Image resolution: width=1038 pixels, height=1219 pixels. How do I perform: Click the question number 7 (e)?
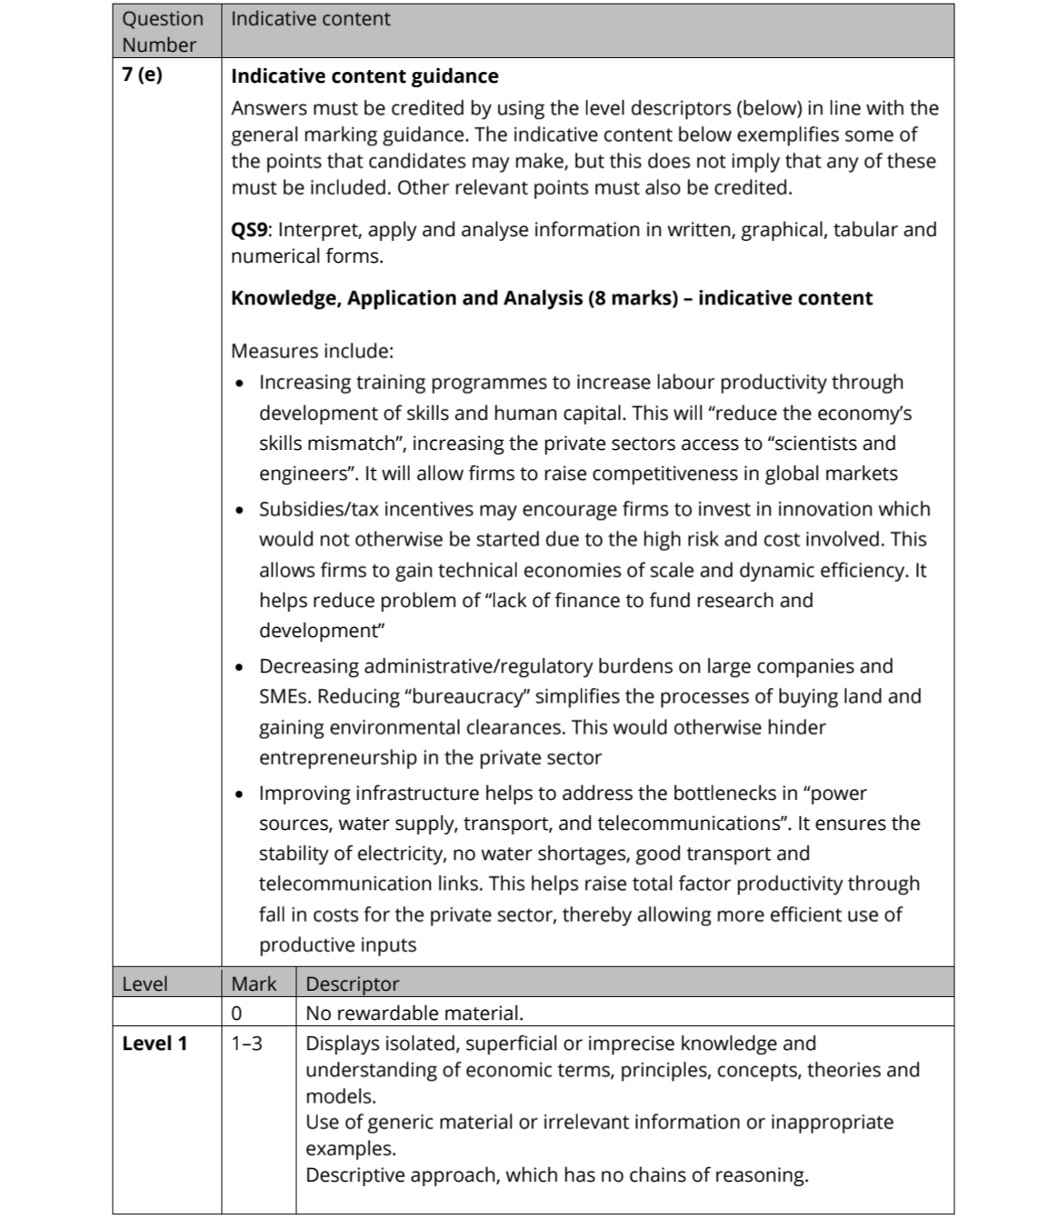[x=142, y=75]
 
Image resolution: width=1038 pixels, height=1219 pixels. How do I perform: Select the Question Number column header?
[x=163, y=31]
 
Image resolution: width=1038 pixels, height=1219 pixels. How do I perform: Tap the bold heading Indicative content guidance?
[x=364, y=76]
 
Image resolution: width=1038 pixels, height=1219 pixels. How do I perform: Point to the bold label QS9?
[x=249, y=229]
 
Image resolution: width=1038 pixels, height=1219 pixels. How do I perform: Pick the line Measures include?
[x=312, y=351]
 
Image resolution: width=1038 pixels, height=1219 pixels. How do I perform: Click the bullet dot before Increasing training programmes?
[x=239, y=383]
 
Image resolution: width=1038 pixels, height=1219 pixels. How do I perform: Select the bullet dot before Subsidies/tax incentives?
[x=239, y=510]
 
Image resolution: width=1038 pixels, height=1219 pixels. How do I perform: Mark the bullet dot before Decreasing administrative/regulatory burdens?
[x=239, y=667]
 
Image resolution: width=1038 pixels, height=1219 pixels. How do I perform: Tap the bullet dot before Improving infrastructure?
[x=239, y=794]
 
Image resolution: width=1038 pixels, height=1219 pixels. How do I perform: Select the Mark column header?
[x=255, y=984]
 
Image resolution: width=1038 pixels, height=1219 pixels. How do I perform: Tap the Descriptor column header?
[x=352, y=984]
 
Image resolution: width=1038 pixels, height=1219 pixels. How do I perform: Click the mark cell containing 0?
[x=236, y=1013]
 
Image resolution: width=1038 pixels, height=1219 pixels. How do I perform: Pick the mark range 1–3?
[x=246, y=1044]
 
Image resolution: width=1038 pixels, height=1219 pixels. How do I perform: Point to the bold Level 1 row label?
[x=155, y=1044]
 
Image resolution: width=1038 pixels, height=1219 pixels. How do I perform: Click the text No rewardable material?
[x=414, y=1013]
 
